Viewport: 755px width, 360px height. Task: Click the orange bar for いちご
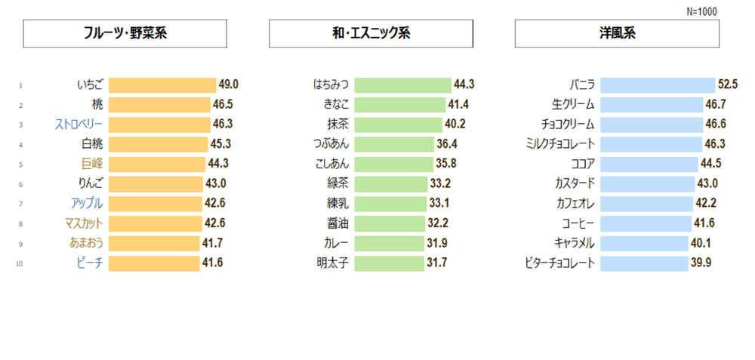click(x=162, y=85)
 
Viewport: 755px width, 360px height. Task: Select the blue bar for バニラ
click(x=658, y=85)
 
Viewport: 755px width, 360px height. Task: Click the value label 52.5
click(x=728, y=85)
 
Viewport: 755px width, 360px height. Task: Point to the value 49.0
click(x=229, y=85)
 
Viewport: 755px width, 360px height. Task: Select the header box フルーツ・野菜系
click(x=125, y=34)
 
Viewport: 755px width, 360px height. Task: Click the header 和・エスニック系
click(x=371, y=34)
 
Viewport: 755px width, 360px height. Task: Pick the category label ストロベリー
click(x=79, y=124)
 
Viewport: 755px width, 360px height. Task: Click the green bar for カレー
click(x=390, y=243)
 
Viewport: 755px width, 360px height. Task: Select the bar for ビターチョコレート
click(x=644, y=263)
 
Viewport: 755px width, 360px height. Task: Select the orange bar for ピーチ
click(x=154, y=263)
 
